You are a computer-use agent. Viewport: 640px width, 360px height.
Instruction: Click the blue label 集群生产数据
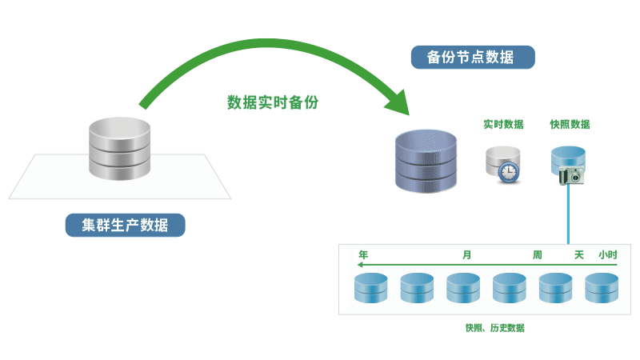(x=125, y=225)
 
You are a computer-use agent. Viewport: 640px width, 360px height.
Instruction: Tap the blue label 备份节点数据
(x=473, y=58)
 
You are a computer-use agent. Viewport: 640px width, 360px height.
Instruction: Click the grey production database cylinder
(x=119, y=150)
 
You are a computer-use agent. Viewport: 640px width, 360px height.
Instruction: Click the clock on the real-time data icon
(x=509, y=171)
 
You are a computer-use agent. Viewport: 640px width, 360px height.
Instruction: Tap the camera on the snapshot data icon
(x=573, y=176)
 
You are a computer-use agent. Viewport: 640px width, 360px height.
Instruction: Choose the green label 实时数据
(x=503, y=124)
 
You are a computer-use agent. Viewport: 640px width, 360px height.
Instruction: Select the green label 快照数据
(x=570, y=124)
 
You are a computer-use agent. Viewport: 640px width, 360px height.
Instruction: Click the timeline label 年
(x=363, y=254)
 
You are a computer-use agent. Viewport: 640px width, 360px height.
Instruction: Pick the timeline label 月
(x=466, y=254)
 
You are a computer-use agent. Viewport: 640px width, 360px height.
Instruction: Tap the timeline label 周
(x=538, y=254)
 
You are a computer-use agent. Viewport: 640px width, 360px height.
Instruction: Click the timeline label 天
(x=579, y=254)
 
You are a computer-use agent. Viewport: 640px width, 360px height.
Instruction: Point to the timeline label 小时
(x=608, y=254)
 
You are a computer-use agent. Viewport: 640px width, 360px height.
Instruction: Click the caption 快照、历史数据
(x=495, y=328)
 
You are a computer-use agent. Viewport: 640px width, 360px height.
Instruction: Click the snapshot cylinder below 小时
(x=602, y=288)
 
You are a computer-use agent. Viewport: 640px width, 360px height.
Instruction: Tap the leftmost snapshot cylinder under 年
(x=370, y=288)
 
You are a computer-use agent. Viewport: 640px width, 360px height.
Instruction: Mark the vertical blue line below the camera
(x=569, y=216)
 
